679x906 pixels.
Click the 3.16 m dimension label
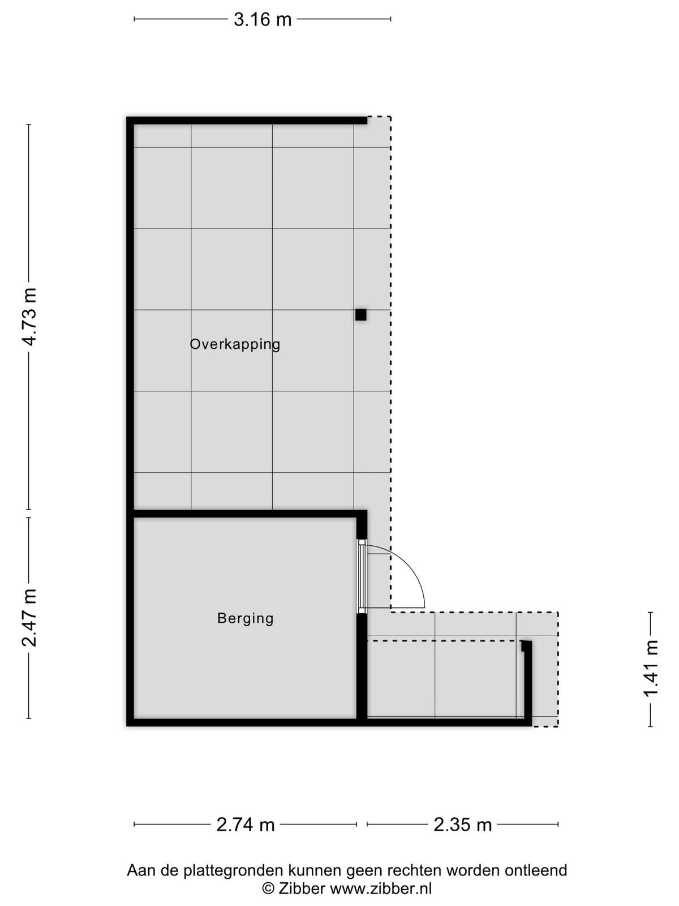pos(263,19)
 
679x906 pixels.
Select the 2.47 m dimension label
pos(31,618)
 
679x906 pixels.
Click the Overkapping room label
pos(235,344)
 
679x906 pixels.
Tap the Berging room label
pos(246,618)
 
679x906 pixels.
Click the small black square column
pos(361,314)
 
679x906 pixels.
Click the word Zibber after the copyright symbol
pos(302,888)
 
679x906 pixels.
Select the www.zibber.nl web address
pos(381,888)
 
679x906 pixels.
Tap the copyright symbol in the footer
pos(268,888)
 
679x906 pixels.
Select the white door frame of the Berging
pos(362,576)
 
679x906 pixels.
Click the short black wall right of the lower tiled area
pos(528,683)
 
